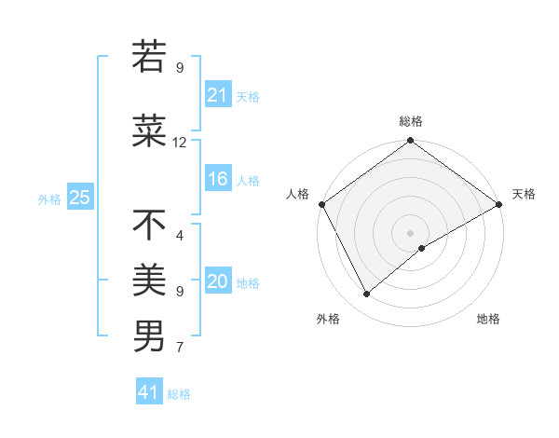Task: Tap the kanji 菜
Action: pyautogui.click(x=149, y=132)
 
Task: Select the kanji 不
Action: pyautogui.click(x=149, y=225)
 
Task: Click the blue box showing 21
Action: pyautogui.click(x=218, y=95)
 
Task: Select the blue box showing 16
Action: pyautogui.click(x=218, y=180)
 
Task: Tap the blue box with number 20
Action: pyautogui.click(x=218, y=282)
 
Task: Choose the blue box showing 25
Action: pyautogui.click(x=79, y=198)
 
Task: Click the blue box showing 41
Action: pyautogui.click(x=149, y=392)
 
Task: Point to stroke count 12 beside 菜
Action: pyautogui.click(x=180, y=143)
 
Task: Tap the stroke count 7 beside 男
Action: pyautogui.click(x=180, y=348)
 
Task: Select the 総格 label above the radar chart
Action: pyautogui.click(x=411, y=121)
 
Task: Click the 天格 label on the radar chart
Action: pyautogui.click(x=524, y=194)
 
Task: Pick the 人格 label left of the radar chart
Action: pyautogui.click(x=297, y=194)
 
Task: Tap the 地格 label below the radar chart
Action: pyautogui.click(x=488, y=319)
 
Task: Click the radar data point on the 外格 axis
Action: pyautogui.click(x=367, y=294)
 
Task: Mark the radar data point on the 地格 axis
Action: pyautogui.click(x=422, y=248)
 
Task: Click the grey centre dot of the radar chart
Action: pyautogui.click(x=411, y=232)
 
